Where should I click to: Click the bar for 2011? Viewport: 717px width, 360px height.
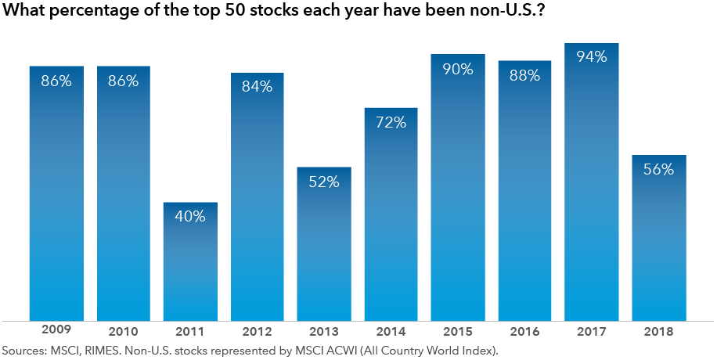click(191, 261)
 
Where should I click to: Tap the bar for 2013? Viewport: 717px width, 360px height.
click(324, 243)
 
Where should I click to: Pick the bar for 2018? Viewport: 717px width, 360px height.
click(659, 238)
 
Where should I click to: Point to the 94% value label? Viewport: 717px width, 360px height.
click(592, 57)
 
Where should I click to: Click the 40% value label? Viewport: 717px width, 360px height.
click(191, 217)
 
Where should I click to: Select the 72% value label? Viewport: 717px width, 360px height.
click(391, 122)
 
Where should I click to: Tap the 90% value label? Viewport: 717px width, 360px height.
click(458, 69)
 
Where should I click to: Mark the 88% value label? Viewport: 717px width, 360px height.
click(524, 75)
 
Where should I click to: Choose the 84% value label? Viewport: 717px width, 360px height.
click(258, 87)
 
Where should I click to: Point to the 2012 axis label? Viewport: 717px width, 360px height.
click(258, 330)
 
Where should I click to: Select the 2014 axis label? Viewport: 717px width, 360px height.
click(391, 330)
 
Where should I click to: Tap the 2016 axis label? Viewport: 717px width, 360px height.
click(524, 330)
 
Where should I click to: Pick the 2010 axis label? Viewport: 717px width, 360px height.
click(124, 330)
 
